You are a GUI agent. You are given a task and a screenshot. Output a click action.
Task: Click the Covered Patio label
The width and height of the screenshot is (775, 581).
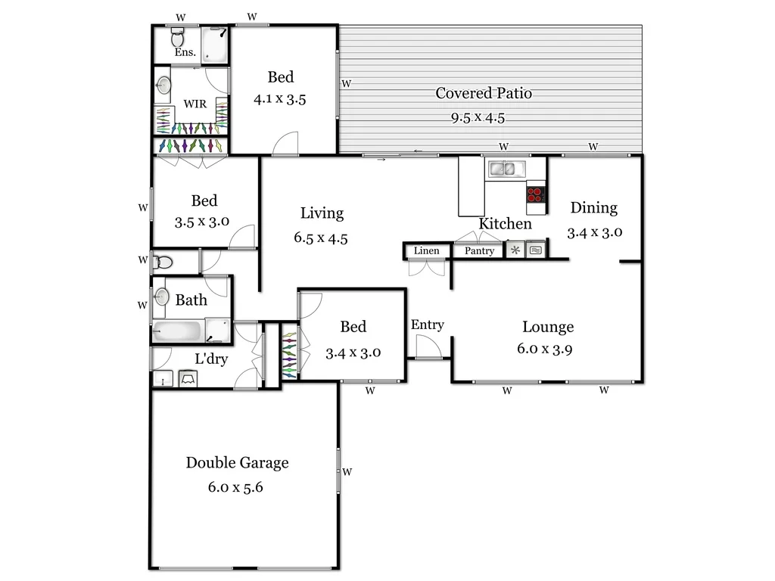483,94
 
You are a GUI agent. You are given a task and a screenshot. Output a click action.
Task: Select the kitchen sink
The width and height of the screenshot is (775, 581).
506,169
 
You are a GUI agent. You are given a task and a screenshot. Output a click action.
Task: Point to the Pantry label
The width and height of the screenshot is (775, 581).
479,251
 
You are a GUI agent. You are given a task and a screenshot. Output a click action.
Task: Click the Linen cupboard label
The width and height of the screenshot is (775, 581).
426,251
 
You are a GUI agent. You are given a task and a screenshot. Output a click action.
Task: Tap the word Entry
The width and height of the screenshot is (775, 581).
427,325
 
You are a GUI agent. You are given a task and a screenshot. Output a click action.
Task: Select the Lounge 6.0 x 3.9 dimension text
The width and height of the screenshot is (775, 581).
548,350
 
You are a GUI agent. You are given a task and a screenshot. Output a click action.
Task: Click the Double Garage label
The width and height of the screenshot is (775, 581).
237,463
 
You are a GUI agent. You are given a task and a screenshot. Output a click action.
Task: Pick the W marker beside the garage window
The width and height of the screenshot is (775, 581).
347,471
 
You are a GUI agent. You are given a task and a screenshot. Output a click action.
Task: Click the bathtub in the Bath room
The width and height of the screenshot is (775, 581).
178,331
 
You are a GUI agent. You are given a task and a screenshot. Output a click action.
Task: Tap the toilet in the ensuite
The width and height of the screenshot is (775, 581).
178,37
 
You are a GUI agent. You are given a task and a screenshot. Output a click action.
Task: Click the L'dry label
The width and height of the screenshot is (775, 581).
211,359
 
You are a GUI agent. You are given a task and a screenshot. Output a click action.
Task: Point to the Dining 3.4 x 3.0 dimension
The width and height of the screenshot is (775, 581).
594,232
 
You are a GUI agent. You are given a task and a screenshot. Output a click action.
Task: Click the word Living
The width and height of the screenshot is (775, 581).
322,213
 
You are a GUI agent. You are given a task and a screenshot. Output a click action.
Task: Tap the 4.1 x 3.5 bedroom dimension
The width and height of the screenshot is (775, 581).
280,99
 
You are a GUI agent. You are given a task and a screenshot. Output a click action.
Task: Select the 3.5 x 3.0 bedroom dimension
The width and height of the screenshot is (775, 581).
202,222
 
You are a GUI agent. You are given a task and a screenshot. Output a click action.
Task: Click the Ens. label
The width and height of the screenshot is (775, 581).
185,53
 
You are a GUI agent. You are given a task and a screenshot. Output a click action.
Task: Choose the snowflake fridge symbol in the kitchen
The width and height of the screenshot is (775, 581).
515,250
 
